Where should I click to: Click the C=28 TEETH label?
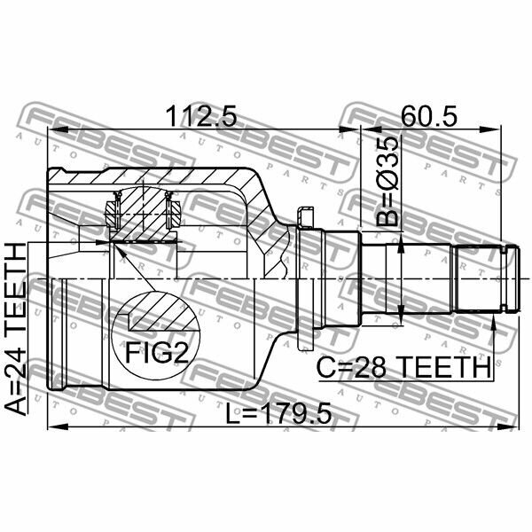(x=404, y=365)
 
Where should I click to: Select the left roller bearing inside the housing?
(x=112, y=212)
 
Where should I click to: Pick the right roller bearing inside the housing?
(x=174, y=212)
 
